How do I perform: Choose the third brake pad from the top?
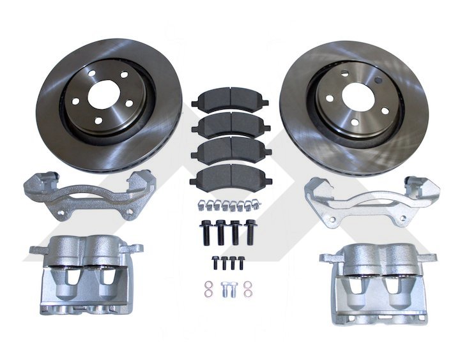(231, 151)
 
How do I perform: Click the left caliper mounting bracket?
(83, 191)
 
